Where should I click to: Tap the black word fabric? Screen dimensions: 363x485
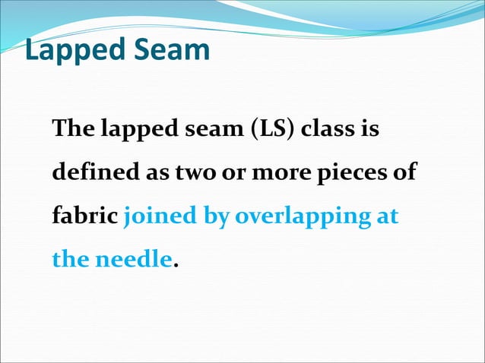point(84,216)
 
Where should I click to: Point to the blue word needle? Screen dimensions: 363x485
point(133,259)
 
